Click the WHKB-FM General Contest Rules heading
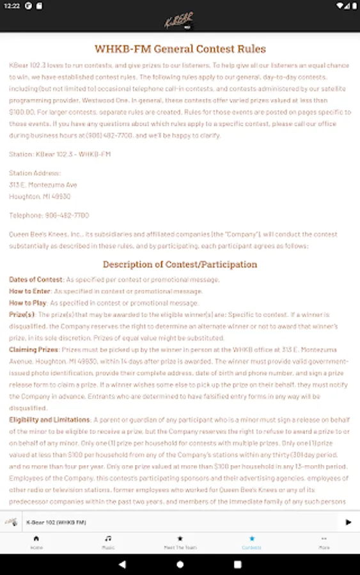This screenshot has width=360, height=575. [180, 49]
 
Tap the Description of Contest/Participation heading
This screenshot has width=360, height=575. [180, 264]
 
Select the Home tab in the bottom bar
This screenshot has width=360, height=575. [36, 542]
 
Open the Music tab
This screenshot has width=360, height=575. [108, 542]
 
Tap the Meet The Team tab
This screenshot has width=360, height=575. [180, 542]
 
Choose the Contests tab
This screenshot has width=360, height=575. [252, 542]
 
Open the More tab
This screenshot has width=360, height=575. [324, 542]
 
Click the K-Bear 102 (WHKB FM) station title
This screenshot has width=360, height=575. [56, 523]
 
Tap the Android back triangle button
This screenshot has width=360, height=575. [122, 564]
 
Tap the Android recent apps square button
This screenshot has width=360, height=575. [238, 564]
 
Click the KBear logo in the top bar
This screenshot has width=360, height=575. [180, 20]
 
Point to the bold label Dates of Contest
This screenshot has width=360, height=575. [36, 280]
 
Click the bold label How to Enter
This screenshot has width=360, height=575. [29, 291]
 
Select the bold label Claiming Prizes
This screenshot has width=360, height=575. [33, 349]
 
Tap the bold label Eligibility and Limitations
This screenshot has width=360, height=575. [49, 420]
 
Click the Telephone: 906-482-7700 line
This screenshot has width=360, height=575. [49, 215]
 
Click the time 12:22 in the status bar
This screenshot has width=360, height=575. [12, 6]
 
